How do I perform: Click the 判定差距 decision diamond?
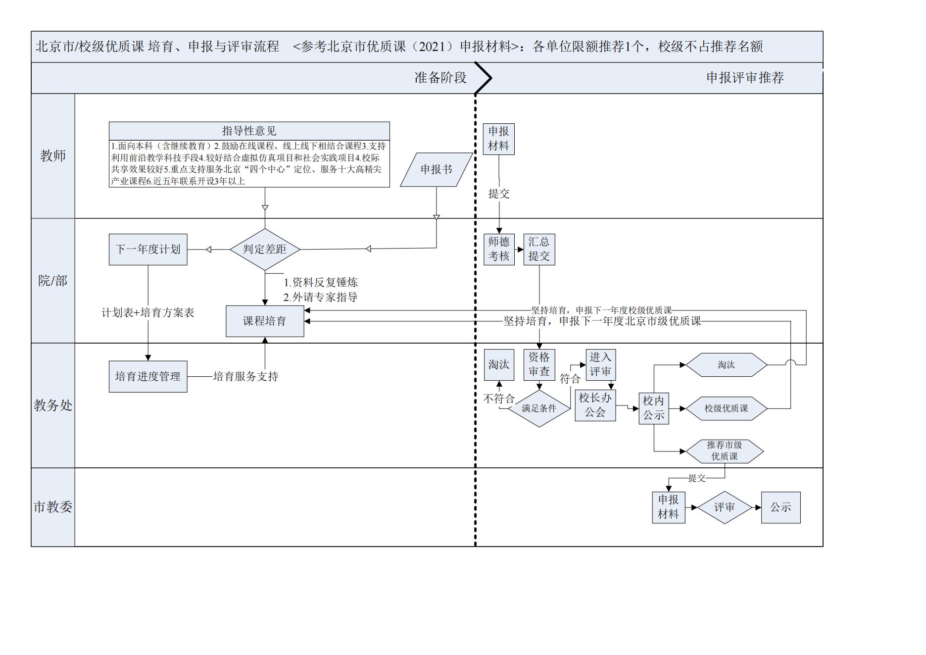point(265,249)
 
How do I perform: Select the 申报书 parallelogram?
point(436,169)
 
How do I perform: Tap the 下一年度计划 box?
point(148,249)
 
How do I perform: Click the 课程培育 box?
point(265,321)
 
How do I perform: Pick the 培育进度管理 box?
point(148,376)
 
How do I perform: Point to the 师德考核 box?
point(498,249)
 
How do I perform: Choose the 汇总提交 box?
point(539,249)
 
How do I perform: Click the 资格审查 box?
point(539,364)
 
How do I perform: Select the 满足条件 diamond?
point(539,408)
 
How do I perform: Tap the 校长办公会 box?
point(595,405)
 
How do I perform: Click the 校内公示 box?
point(654,408)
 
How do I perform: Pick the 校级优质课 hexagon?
point(726,408)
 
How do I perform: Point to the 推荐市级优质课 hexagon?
point(725,451)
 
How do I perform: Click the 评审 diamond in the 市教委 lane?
point(724,507)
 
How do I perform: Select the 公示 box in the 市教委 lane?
point(780,507)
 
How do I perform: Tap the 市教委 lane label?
point(53,507)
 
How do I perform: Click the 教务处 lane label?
point(53,405)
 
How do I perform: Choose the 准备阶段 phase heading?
point(440,78)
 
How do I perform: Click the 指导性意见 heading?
point(249,131)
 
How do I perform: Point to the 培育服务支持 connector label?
point(245,376)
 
